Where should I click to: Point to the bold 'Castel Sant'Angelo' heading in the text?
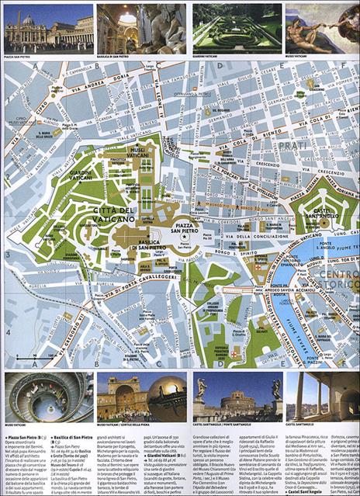click(x=309, y=492)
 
